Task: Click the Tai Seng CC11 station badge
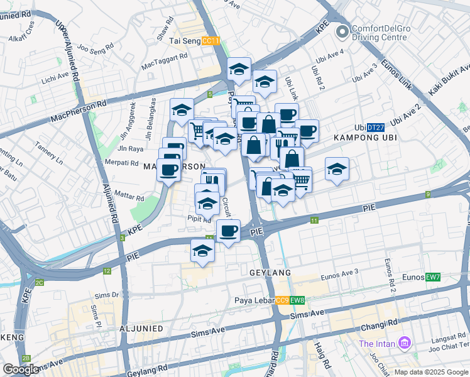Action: [x=214, y=41]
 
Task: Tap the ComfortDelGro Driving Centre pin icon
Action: [x=342, y=31]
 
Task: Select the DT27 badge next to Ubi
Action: [x=376, y=127]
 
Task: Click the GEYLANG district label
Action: [x=268, y=272]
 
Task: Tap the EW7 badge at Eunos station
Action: [x=433, y=277]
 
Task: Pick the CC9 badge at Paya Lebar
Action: [x=282, y=300]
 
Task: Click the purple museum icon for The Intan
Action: [x=405, y=344]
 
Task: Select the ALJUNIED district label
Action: [x=141, y=329]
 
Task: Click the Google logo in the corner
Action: [x=20, y=369]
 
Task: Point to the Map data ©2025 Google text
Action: [x=431, y=372]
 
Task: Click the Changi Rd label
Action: [x=379, y=327]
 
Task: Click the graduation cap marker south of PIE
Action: [x=202, y=250]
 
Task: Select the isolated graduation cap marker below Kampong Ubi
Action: [x=337, y=170]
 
